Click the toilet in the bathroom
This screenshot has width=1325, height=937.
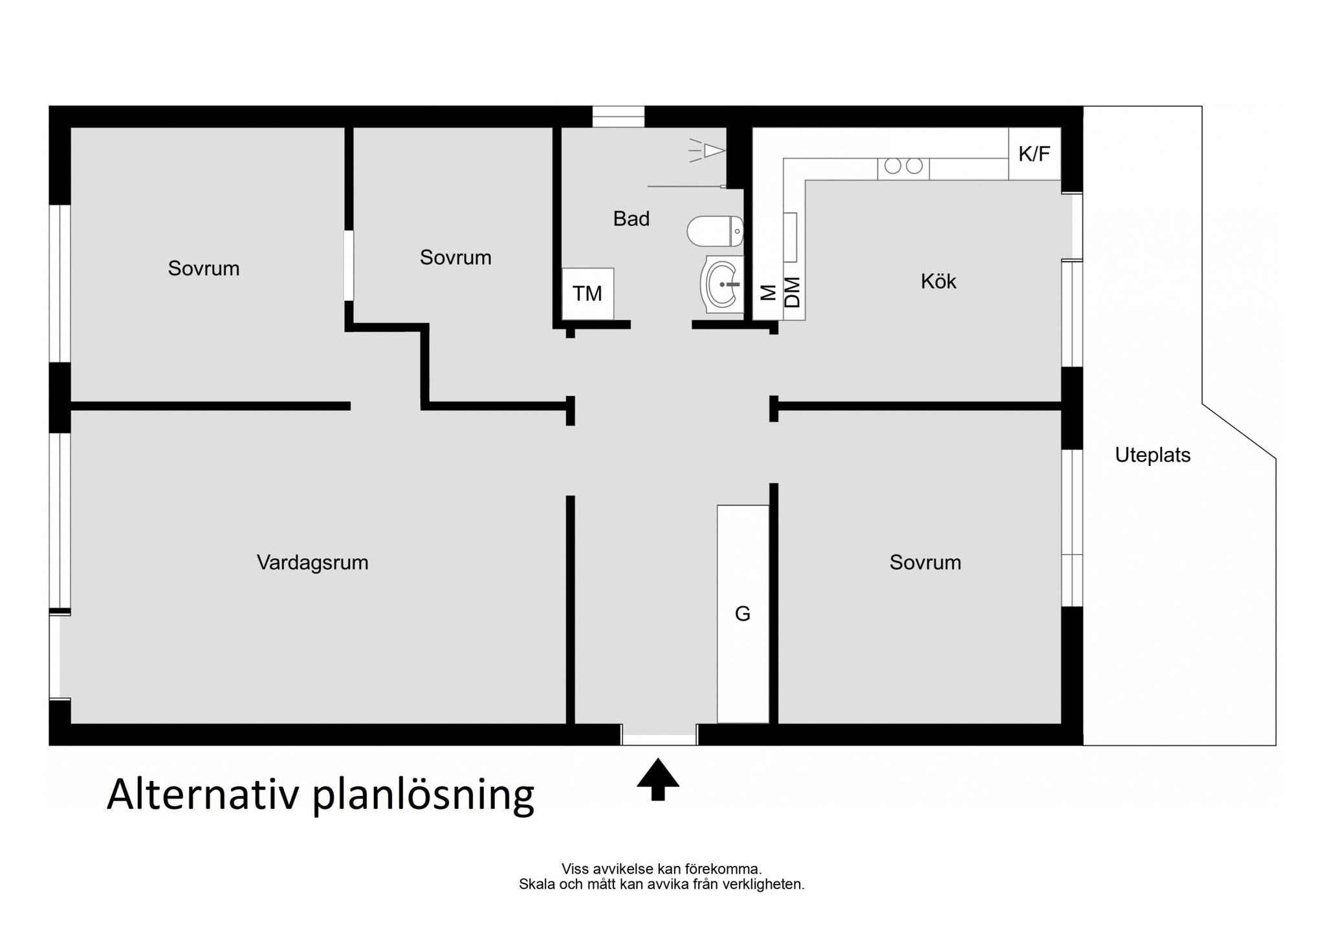[x=715, y=231]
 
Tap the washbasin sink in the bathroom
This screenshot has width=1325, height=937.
[x=722, y=284]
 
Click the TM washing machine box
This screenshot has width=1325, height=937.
[x=587, y=294]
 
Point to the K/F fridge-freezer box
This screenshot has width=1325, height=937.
[x=1035, y=154]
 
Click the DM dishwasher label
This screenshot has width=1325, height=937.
[x=793, y=292]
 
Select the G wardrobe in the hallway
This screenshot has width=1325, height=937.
[x=743, y=613]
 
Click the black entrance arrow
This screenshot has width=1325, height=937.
[x=658, y=779]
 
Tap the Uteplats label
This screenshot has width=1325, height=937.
[x=1152, y=455]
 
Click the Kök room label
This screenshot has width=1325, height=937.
[x=938, y=281]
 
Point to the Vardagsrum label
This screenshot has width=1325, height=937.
[x=312, y=562]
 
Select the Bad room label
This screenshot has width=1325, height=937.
[x=631, y=219]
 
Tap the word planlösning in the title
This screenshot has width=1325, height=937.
[x=424, y=795]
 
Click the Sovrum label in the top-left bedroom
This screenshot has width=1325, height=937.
[x=204, y=269]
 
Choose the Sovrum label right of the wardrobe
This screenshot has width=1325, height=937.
[x=925, y=562]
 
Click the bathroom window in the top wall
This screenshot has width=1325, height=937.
[x=619, y=116]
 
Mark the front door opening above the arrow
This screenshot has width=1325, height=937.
[x=659, y=734]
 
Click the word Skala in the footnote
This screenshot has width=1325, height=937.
[x=537, y=884]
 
